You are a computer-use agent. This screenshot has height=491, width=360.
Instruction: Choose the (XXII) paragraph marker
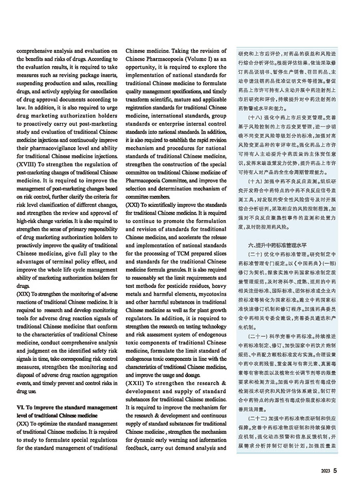[136, 383]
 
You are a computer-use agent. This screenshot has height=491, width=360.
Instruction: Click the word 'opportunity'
[142, 67]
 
